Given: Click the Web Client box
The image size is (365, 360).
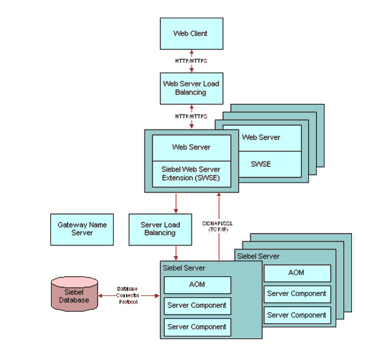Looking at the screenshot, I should (x=191, y=33).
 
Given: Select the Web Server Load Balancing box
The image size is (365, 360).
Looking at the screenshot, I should (x=191, y=88).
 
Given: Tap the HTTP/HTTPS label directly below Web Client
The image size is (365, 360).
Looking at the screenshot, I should (x=191, y=61).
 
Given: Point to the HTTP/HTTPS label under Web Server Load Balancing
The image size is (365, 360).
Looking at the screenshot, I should (x=191, y=116).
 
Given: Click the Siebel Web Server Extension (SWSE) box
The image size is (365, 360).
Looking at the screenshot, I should (x=191, y=173).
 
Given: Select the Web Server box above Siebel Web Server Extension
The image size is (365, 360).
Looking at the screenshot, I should (x=191, y=147).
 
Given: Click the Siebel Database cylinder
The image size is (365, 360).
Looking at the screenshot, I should (x=75, y=295).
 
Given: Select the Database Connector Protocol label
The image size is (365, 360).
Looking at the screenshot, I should (x=127, y=295).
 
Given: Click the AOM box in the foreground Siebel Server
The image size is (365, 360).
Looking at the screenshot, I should (x=197, y=285).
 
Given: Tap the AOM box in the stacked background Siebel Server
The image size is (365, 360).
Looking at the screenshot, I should (x=297, y=273).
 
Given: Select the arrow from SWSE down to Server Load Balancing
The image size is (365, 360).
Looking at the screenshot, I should (x=175, y=203).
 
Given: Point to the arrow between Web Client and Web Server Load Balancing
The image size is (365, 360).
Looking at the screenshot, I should (x=191, y=61).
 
